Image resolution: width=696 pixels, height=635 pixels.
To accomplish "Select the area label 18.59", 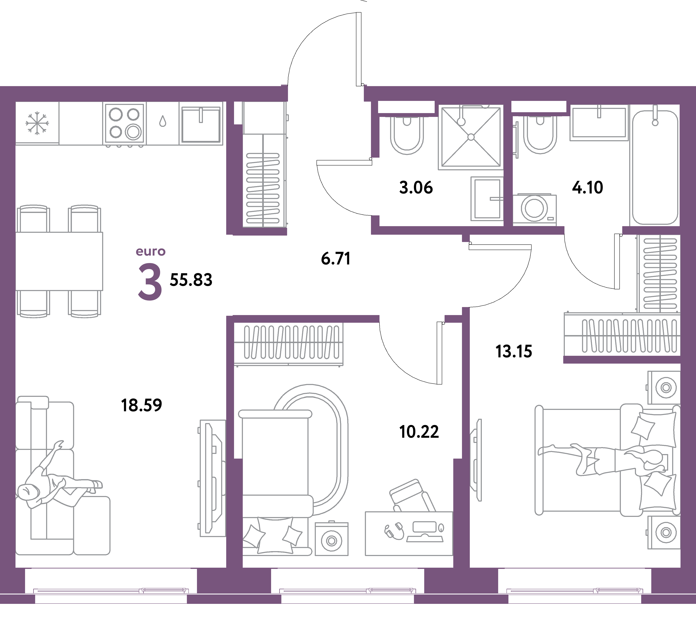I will [141, 405].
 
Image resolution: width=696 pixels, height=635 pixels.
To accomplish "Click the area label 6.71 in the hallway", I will [336, 259].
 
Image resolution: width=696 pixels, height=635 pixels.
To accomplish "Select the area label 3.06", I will [416, 187].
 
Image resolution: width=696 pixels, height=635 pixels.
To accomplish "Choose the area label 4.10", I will [588, 187].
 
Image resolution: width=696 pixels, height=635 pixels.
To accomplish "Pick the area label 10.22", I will [419, 432].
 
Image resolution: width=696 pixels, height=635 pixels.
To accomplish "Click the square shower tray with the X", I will [471, 137].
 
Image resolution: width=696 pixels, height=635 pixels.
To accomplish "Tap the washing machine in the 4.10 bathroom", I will [534, 208].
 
